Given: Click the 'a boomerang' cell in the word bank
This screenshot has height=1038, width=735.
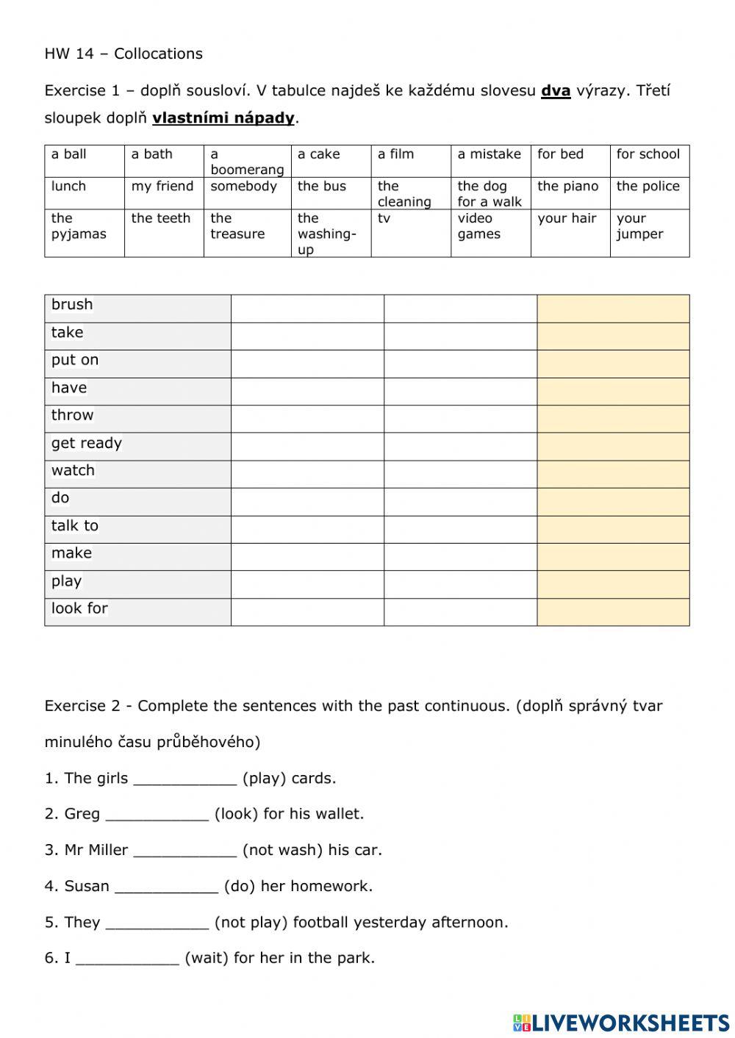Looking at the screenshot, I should pyautogui.click(x=246, y=162).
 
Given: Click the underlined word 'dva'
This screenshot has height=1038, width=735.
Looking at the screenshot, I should pyautogui.click(x=556, y=91).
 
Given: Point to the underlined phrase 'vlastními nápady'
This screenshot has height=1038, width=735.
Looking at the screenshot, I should pyautogui.click(x=223, y=118).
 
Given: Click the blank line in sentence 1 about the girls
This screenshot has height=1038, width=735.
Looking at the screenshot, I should pyautogui.click(x=185, y=779).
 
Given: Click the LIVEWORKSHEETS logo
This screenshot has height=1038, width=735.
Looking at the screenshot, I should pyautogui.click(x=621, y=1023).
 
